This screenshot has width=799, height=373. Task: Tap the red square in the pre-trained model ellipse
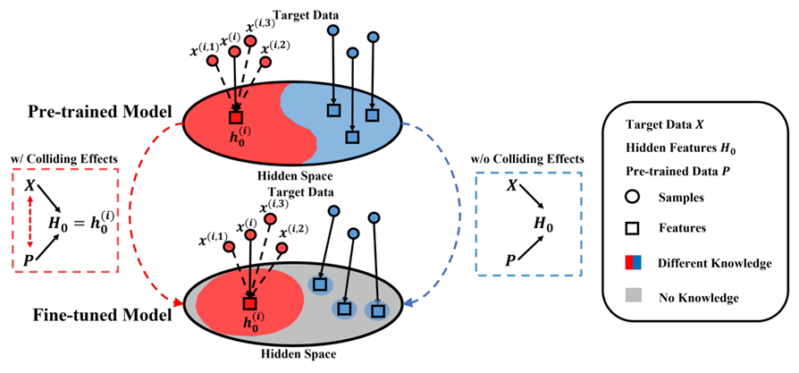pyautogui.click(x=236, y=116)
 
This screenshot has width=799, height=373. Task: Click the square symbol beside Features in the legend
pyautogui.click(x=631, y=229)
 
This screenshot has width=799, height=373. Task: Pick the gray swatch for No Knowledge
pyautogui.click(x=631, y=295)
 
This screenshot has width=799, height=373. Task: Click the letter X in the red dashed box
pyautogui.click(x=29, y=184)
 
